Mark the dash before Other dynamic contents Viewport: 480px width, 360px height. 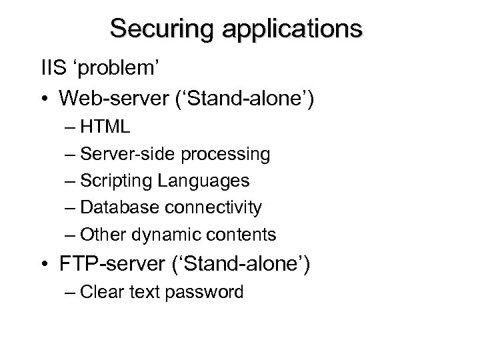tap(71, 235)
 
